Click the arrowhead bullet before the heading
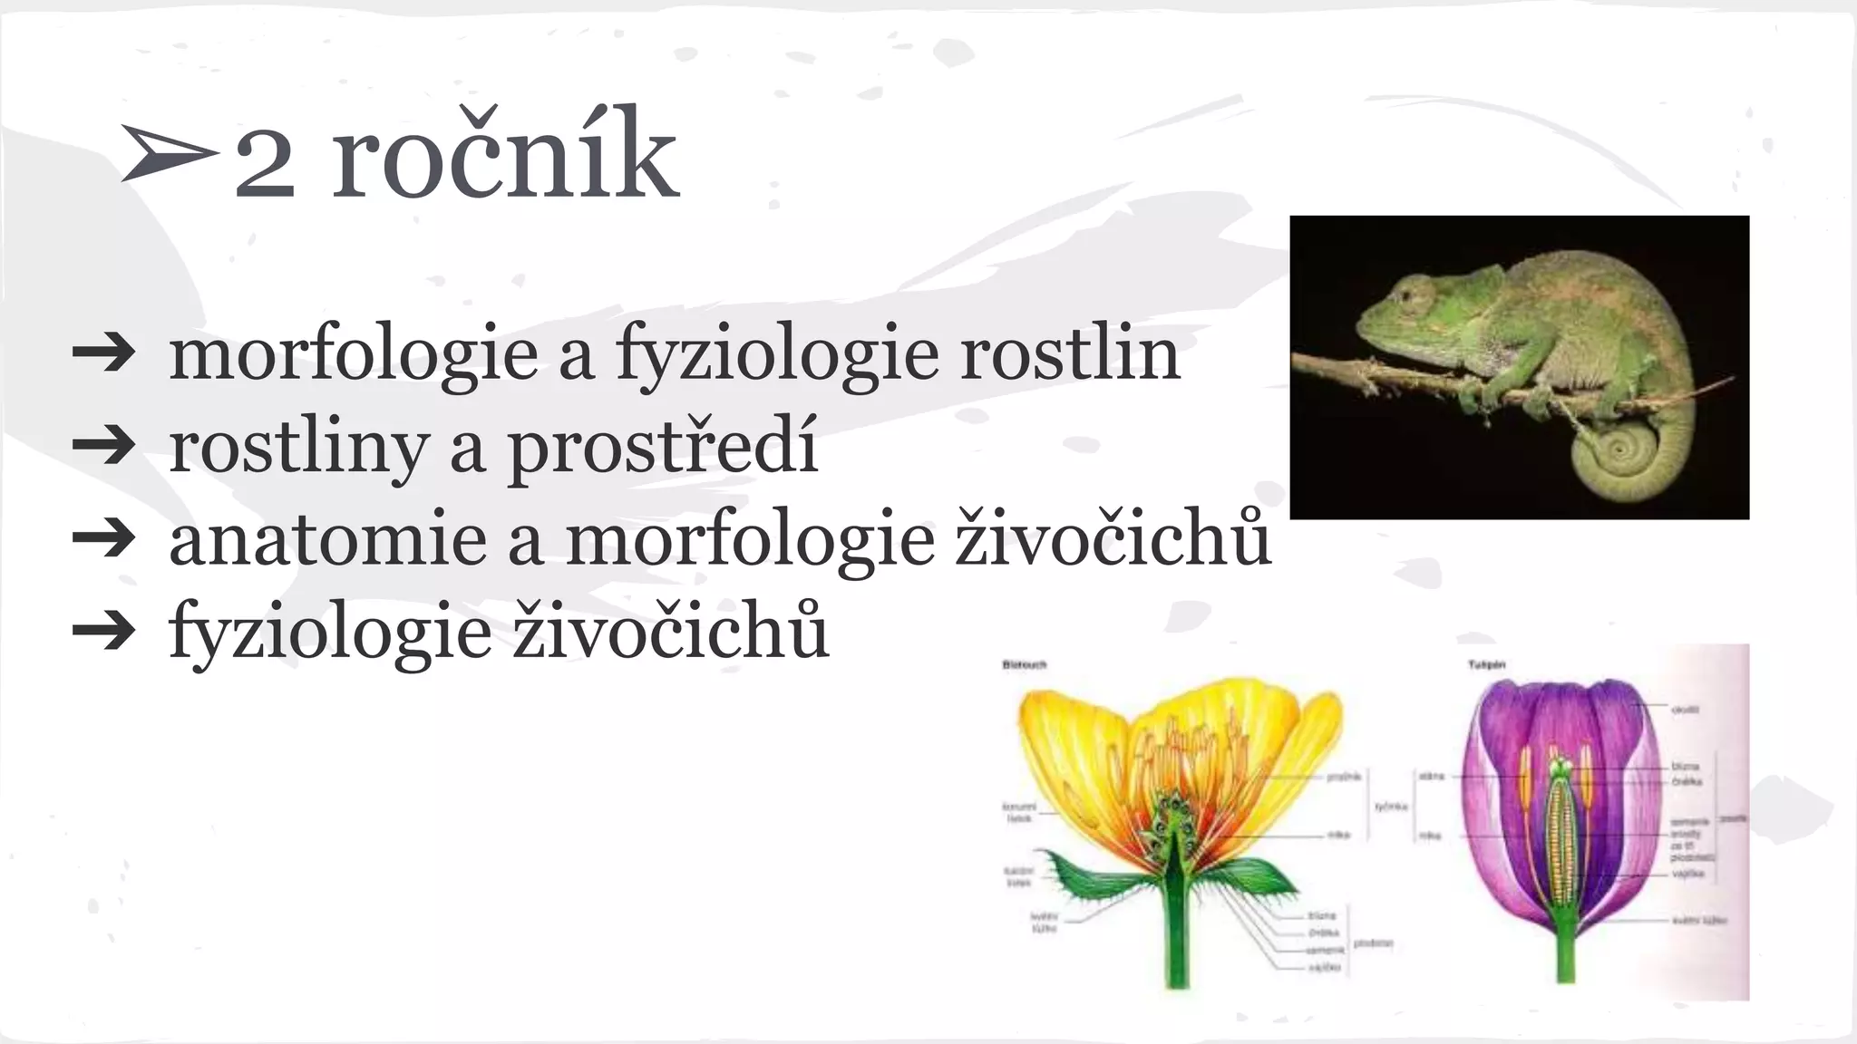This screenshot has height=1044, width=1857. pyautogui.click(x=169, y=154)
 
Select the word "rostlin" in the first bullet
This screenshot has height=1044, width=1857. pyautogui.click(x=1070, y=353)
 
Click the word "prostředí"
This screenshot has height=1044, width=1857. pyautogui.click(x=662, y=446)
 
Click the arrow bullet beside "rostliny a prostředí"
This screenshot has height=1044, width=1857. pyautogui.click(x=103, y=446)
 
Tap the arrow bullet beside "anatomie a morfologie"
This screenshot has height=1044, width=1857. pyautogui.click(x=103, y=539)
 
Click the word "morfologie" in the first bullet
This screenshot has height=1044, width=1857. pyautogui.click(x=354, y=353)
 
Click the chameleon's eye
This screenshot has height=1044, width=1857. pyautogui.click(x=1411, y=295)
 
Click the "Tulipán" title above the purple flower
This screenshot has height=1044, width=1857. pyautogui.click(x=1486, y=665)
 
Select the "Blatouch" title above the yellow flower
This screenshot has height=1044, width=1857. pyautogui.click(x=1024, y=665)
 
